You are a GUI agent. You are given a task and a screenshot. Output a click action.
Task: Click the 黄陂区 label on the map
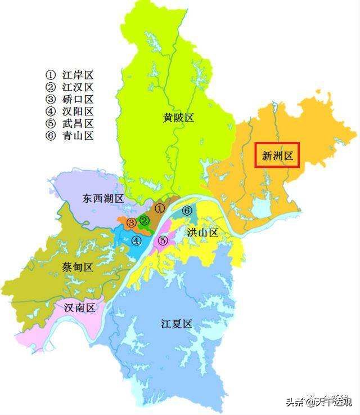[178, 118]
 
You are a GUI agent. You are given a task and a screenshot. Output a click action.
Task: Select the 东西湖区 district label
[103, 199]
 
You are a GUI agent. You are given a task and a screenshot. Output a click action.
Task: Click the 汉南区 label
[79, 307]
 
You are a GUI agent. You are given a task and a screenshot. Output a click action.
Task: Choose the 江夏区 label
[177, 324]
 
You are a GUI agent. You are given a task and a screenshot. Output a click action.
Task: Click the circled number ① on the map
[160, 208]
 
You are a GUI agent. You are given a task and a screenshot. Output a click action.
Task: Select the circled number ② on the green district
[145, 220]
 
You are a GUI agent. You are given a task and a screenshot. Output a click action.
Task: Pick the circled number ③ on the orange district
[131, 222]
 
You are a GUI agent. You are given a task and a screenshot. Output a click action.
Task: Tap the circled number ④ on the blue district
[136, 240]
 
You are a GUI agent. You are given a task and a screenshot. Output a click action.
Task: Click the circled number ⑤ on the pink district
[163, 240]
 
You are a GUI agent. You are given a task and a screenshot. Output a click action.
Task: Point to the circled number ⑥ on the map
[187, 211]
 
